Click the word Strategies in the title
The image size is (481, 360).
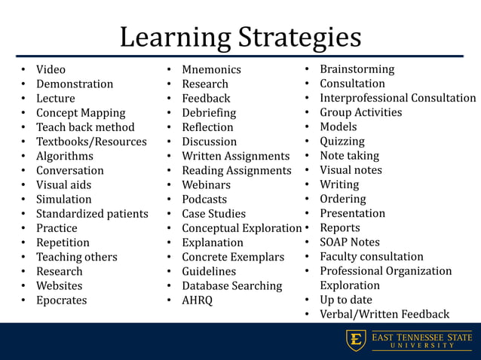[x=300, y=38]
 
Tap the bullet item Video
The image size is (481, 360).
[x=51, y=70]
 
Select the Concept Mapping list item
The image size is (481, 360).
[x=81, y=113]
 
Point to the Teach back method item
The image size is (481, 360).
[x=85, y=127]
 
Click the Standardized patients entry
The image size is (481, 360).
[x=92, y=214]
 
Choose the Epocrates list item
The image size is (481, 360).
[x=61, y=301]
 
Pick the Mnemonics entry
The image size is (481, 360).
[x=211, y=70]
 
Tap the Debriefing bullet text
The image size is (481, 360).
[x=209, y=113]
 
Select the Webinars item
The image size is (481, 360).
[x=206, y=185]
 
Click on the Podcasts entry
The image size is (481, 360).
[x=204, y=200]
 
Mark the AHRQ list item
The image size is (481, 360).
[x=197, y=301]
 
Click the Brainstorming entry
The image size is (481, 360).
[x=357, y=69]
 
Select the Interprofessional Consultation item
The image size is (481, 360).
[x=397, y=98]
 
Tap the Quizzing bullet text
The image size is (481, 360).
[x=342, y=141]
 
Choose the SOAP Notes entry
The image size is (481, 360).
[x=350, y=243]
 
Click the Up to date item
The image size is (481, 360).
[x=345, y=300]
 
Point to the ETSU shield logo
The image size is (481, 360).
[x=355, y=340]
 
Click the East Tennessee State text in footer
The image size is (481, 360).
[x=421, y=337]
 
